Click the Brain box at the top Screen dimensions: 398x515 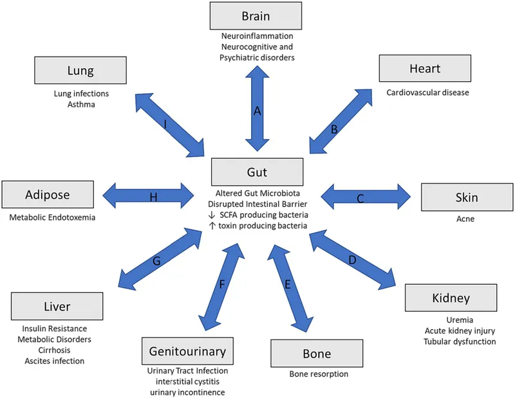[256, 15]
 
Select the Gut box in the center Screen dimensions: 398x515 [257, 172]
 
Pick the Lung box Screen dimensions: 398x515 [81, 71]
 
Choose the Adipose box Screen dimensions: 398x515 [48, 194]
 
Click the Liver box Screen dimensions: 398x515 [57, 307]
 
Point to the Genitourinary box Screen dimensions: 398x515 [187, 352]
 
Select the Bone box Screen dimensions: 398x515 [316, 354]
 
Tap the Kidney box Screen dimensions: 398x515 [451, 298]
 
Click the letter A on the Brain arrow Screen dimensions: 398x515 [257, 111]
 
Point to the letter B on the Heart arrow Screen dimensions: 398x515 [334, 129]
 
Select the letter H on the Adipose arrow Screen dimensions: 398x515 [153, 197]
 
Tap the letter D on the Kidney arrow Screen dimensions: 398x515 [351, 260]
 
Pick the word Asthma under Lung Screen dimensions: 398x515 [81, 104]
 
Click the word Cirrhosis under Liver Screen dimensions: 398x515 [54, 350]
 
